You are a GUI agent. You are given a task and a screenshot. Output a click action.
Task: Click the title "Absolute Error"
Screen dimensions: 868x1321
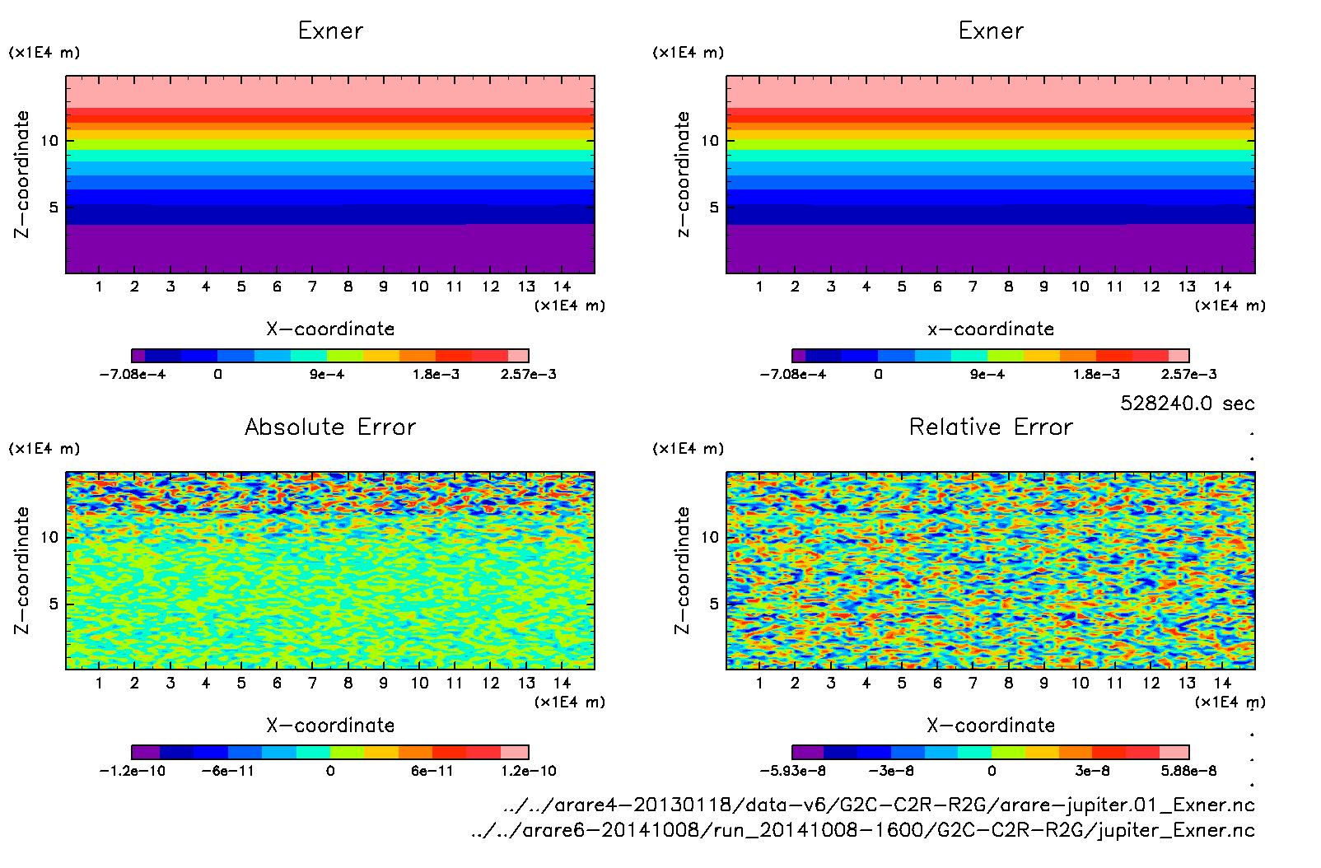330,427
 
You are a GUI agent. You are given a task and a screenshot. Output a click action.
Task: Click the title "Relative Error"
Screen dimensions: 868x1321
991,427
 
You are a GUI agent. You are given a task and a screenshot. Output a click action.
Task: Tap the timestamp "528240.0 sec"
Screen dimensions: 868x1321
1187,404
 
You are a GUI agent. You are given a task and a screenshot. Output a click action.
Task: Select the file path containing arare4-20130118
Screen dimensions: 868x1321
879,805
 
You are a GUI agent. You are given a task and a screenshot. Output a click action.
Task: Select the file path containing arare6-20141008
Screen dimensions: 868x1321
862,830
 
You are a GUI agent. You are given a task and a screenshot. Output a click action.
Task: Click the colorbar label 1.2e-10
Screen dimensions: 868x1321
529,771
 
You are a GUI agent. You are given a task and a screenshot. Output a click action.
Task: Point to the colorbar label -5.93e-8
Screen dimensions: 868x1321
792,771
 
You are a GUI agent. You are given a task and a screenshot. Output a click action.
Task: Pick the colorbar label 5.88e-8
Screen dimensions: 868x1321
1188,771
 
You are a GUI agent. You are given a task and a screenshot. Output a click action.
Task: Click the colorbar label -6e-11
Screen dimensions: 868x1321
228,771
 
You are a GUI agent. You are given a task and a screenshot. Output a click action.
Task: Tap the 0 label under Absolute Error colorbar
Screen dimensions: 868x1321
330,771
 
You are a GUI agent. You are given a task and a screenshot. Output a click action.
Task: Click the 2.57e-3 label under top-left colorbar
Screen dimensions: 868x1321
529,375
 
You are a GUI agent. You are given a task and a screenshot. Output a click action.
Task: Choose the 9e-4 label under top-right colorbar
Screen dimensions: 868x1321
987,375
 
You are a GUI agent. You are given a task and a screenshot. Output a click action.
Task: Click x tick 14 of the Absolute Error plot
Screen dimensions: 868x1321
562,683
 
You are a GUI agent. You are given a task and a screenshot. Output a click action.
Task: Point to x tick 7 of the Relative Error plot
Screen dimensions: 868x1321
973,683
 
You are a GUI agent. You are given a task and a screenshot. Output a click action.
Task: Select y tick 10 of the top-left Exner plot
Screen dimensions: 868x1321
50,141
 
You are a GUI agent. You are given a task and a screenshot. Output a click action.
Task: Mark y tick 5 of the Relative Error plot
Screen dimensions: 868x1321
714,604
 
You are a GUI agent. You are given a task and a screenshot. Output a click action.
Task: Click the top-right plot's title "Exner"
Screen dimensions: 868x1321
991,31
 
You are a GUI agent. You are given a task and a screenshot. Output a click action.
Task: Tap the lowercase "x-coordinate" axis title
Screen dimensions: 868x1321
991,329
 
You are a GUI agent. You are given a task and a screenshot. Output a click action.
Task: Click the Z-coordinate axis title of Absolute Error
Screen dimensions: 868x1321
22,570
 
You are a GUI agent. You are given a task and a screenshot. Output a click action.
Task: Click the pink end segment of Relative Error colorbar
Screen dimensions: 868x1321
1174,752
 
